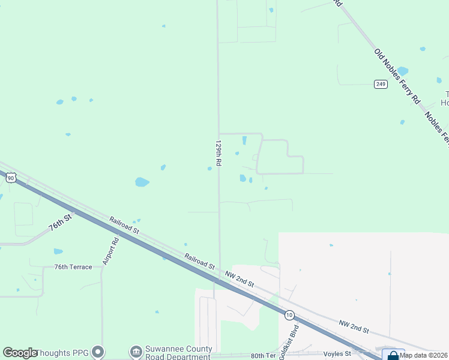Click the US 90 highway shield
pyautogui.click(x=11, y=178)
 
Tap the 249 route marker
pyautogui.click(x=380, y=84)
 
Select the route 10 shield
pyautogui.click(x=289, y=314)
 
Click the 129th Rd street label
pyautogui.click(x=218, y=154)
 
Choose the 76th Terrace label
pyautogui.click(x=73, y=267)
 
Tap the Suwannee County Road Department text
pyautogui.click(x=178, y=352)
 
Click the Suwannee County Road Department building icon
pyautogui.click(x=136, y=351)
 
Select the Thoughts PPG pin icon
pyautogui.click(x=98, y=352)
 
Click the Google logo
pyautogui.click(x=20, y=353)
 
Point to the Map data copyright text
pyautogui.click(x=424, y=355)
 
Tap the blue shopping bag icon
pyautogui.click(x=393, y=355)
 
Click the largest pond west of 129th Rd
pyautogui.click(x=142, y=182)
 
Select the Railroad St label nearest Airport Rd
pyautogui.click(x=124, y=226)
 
